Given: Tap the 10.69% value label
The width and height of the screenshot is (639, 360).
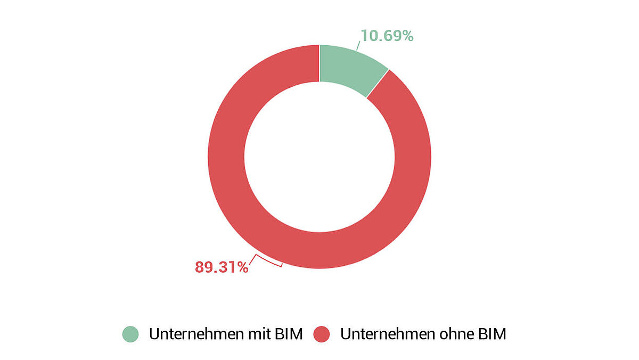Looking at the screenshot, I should coord(387,36).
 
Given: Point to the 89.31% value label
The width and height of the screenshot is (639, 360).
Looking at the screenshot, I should coord(222,267).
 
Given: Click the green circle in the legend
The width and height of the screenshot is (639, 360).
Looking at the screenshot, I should coord(130,334).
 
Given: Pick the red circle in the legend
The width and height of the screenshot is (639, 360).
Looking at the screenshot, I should coord(322,334).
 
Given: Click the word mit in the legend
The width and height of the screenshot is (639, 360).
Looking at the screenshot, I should coord(257,334).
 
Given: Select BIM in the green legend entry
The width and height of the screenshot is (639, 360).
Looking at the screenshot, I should coord(289,334).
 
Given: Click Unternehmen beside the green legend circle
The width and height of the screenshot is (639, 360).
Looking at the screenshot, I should coord(193,334).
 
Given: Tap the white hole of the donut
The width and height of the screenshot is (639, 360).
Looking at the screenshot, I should coord(319,157).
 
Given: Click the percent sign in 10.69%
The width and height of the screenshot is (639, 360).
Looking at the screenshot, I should coord(407,36).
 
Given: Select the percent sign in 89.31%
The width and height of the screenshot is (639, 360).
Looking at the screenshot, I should coord(242,267).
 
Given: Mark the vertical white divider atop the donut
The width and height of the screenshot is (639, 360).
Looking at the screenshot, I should coord(319,63).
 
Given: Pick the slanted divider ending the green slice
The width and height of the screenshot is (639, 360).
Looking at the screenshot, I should coord(378,83).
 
